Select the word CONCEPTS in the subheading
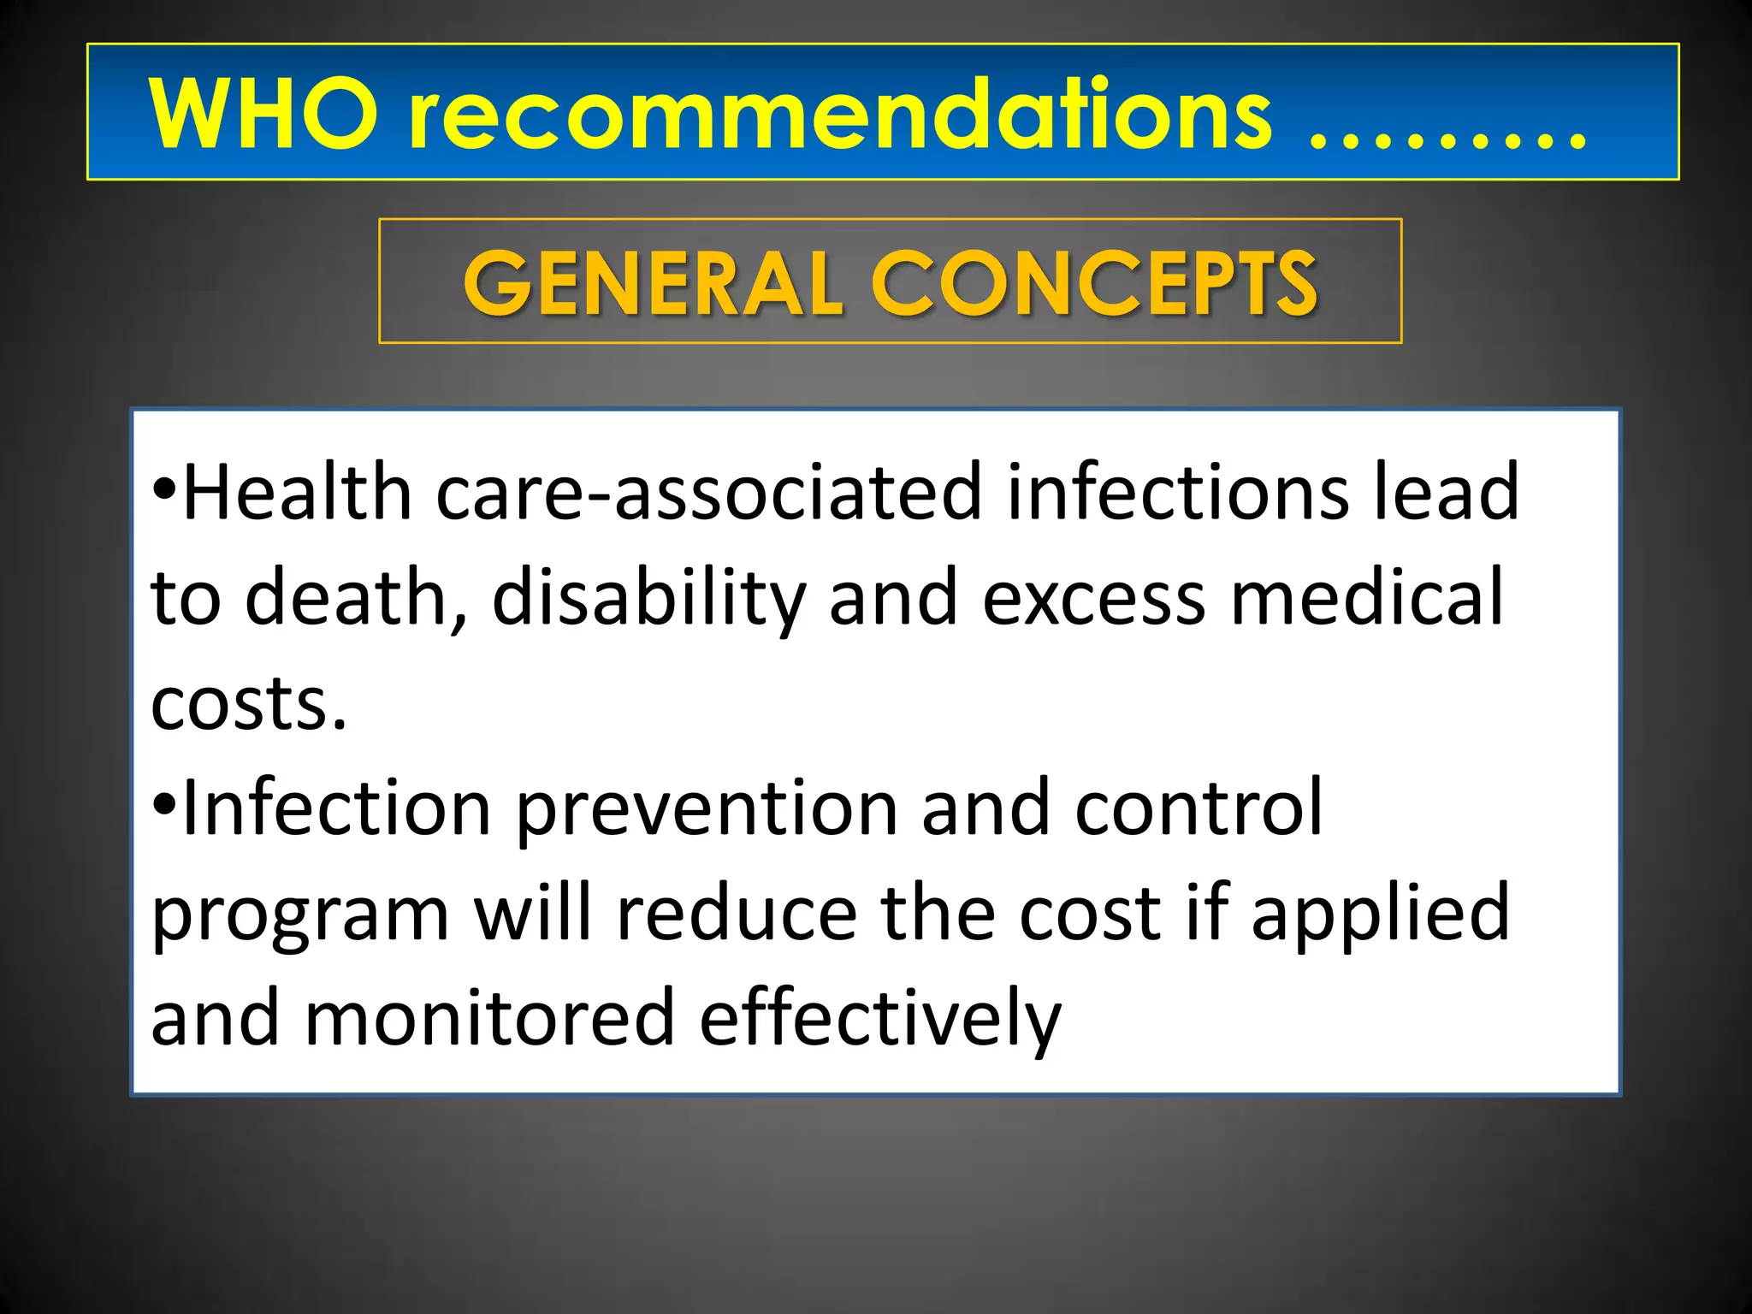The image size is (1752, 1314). point(1094,282)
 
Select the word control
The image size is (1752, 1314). point(1198,808)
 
